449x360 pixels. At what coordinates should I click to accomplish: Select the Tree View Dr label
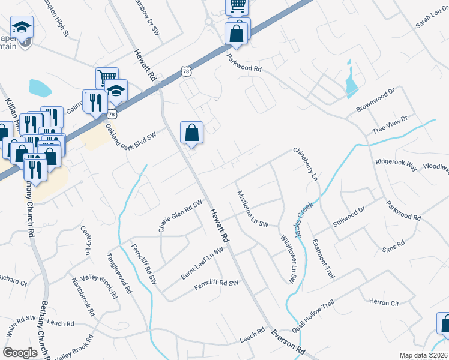click(390, 125)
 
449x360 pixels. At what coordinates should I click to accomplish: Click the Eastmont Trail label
click(322, 259)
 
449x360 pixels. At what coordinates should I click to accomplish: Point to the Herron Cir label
click(384, 303)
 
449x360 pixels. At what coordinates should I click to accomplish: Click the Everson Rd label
click(288, 341)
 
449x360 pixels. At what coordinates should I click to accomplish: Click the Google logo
click(20, 352)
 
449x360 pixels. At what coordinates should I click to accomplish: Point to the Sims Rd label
click(394, 246)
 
